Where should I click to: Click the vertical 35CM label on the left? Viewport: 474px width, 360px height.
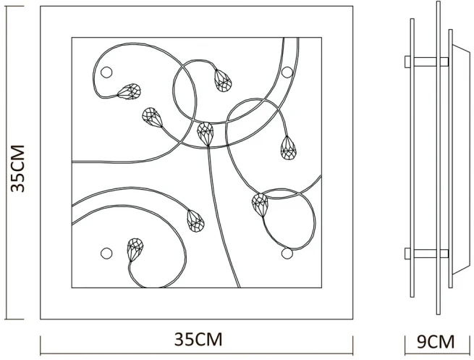pos(19,168)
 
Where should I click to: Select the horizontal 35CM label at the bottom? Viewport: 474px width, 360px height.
pos(198,339)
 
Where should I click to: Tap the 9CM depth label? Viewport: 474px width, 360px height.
pos(436,340)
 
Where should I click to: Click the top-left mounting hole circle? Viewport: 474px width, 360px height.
pos(107,72)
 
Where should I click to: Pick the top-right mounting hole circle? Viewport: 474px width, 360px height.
pos(287,72)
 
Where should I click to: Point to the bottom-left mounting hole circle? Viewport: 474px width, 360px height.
pos(106,252)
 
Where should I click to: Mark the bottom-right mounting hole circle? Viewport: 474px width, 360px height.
pos(287,253)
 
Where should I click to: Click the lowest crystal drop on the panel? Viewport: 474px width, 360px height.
pos(134,249)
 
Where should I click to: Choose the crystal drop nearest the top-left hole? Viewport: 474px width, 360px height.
pos(130,92)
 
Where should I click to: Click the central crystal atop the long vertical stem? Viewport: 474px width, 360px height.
pos(206,133)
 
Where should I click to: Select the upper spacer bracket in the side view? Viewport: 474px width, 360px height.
pos(426,62)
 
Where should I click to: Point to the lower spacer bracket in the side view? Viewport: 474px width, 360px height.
pos(426,254)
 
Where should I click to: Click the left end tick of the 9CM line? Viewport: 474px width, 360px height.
pos(405,344)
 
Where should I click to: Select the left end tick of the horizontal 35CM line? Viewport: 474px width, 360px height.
pos(41,344)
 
